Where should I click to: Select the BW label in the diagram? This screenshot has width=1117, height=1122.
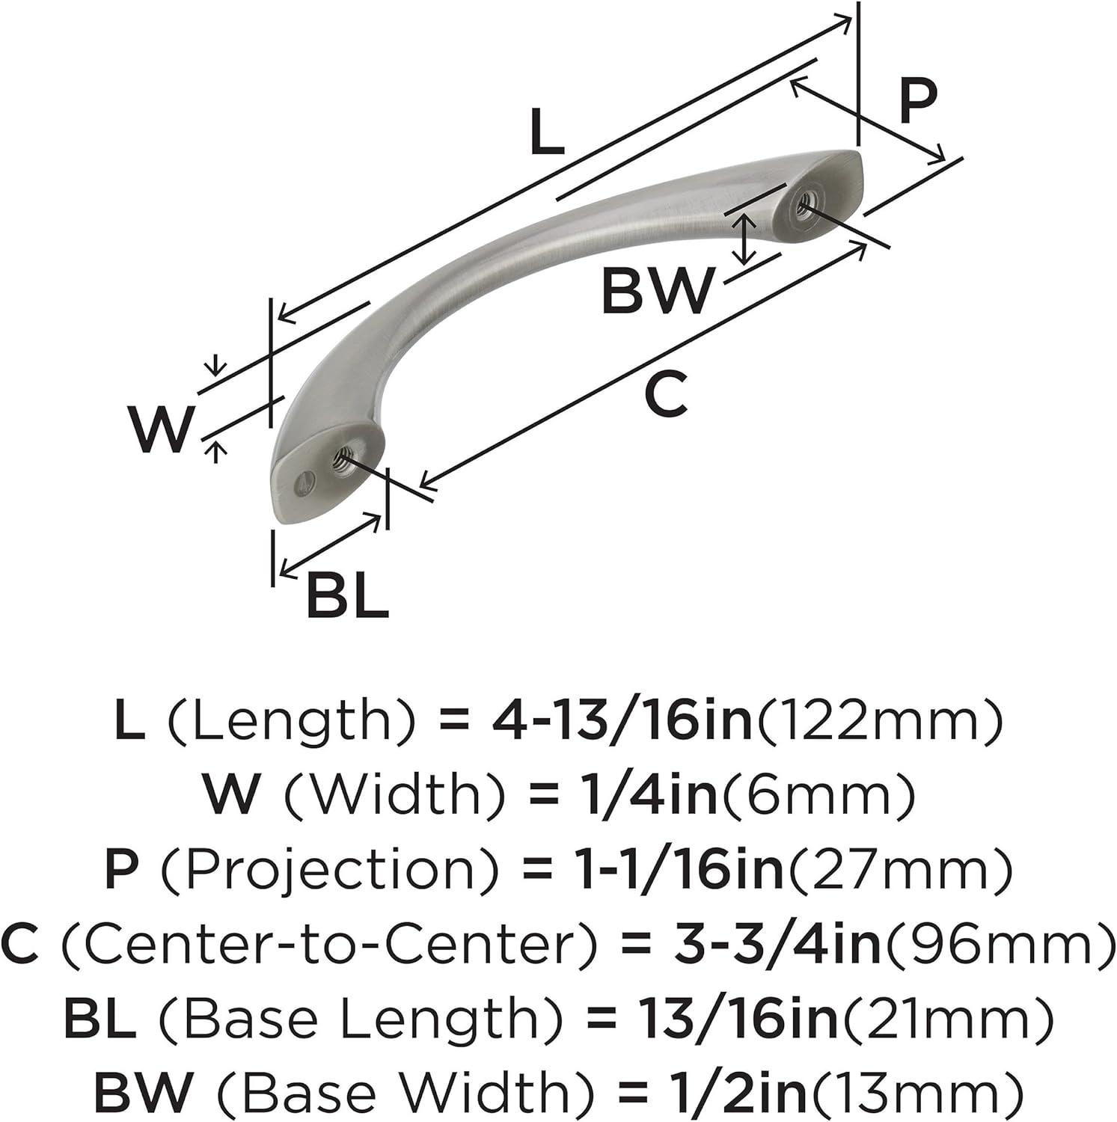pyautogui.click(x=657, y=292)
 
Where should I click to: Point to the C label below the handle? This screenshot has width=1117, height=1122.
pyautogui.click(x=665, y=395)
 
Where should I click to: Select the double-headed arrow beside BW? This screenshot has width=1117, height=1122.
pyautogui.click(x=742, y=239)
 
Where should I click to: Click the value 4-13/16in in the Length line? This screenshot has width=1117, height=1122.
pyautogui.click(x=622, y=721)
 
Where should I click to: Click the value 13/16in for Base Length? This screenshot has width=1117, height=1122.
pyautogui.click(x=738, y=1019)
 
